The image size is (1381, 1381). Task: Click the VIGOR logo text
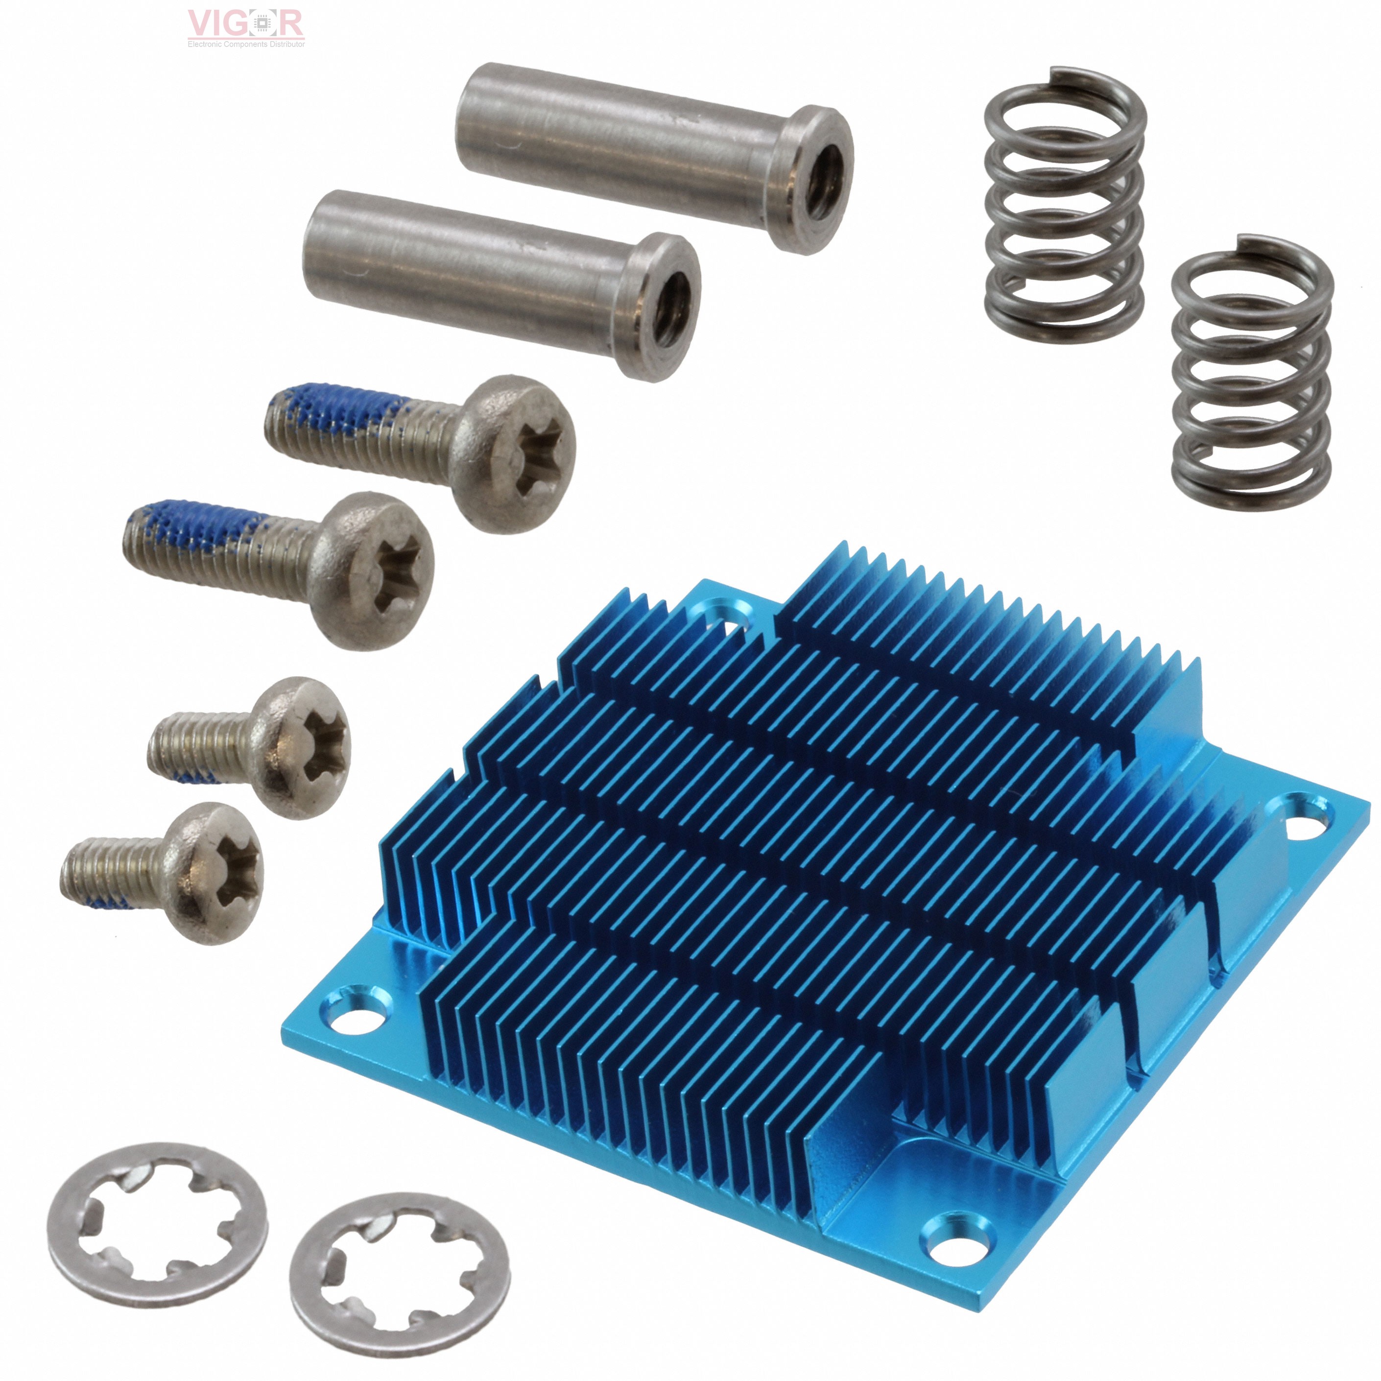(245, 24)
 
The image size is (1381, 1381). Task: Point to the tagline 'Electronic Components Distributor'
(246, 44)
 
